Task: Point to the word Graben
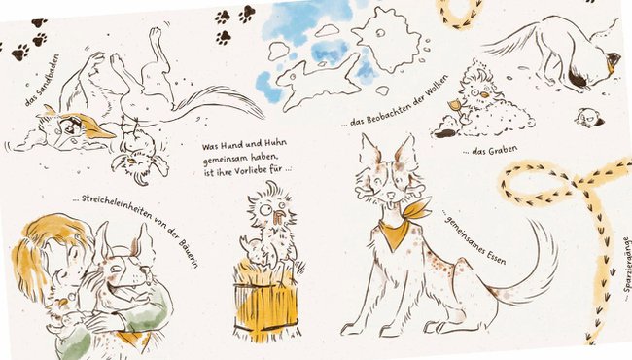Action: tap(500, 154)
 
